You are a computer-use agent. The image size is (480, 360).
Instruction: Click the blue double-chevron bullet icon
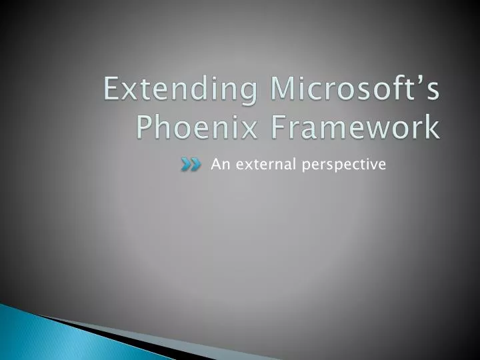tap(191, 165)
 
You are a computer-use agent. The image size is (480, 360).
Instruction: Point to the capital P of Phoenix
tap(146, 126)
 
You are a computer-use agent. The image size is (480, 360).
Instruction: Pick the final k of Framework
tap(433, 126)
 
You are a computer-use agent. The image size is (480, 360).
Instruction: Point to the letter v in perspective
tap(376, 165)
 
